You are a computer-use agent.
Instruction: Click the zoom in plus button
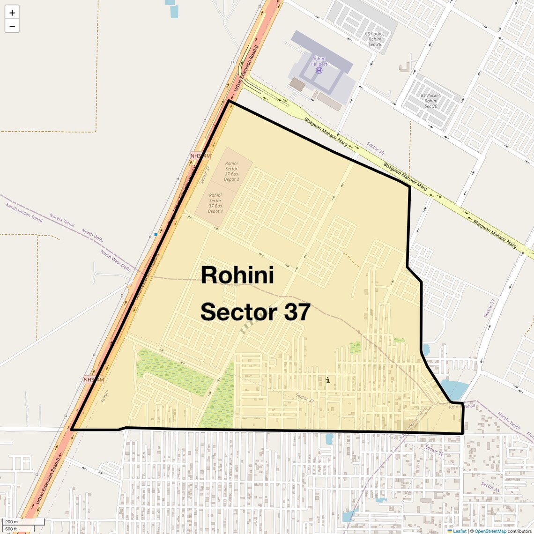tap(12, 13)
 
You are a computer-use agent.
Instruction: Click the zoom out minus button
tap(12, 26)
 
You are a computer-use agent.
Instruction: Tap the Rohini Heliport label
tap(319, 61)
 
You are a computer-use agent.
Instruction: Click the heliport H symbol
tap(319, 70)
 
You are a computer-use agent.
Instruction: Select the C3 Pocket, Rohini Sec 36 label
tap(375, 39)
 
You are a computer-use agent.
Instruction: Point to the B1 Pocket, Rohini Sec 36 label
tap(430, 101)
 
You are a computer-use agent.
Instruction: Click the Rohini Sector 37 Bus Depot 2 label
tap(231, 171)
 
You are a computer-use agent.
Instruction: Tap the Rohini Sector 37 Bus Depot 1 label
tap(215, 203)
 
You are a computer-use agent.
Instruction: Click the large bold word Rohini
tap(237, 275)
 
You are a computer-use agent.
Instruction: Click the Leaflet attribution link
tap(460, 531)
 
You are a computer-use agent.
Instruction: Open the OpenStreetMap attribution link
tap(490, 531)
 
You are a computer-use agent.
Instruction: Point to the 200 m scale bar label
tap(12, 522)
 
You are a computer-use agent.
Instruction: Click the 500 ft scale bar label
tap(11, 529)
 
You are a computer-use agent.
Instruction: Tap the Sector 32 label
tap(434, 450)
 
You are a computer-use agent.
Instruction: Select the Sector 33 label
tap(490, 487)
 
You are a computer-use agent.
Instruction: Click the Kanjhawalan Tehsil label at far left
tap(24, 213)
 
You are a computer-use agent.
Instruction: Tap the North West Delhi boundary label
tap(115, 260)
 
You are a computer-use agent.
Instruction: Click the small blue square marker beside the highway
tap(156, 234)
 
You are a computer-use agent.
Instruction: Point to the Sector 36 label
tap(375, 148)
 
